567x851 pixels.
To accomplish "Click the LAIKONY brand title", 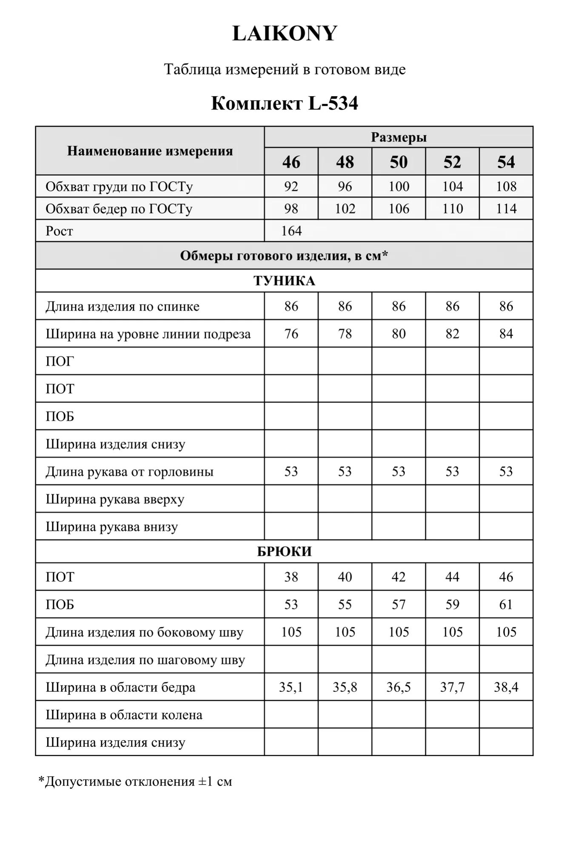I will (285, 33).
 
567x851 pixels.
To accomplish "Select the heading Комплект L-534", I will (284, 103).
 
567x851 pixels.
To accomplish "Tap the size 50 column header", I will (399, 162).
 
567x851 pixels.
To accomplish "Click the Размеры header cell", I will (399, 137).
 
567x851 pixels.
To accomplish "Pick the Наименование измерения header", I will (150, 151).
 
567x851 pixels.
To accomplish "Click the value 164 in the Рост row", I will (291, 231).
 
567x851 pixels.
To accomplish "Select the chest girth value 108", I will (506, 186).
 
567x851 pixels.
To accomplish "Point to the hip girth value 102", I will (345, 209).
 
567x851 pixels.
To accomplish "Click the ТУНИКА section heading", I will (284, 281).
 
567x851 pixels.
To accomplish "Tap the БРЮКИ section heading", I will (284, 551).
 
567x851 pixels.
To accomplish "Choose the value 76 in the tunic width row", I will (291, 334).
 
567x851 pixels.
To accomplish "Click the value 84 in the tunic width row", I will (506, 334).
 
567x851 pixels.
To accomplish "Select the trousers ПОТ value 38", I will (291, 577).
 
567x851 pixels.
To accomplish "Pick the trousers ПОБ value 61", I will (506, 605).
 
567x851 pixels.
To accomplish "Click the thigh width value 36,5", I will (399, 687).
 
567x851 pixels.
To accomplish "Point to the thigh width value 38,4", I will (506, 687).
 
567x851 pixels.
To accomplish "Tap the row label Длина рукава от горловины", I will (129, 471).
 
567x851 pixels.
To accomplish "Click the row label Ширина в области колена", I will (124, 715).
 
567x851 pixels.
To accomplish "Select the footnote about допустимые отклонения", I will (135, 782).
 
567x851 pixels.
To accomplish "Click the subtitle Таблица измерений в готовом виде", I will (285, 69).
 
